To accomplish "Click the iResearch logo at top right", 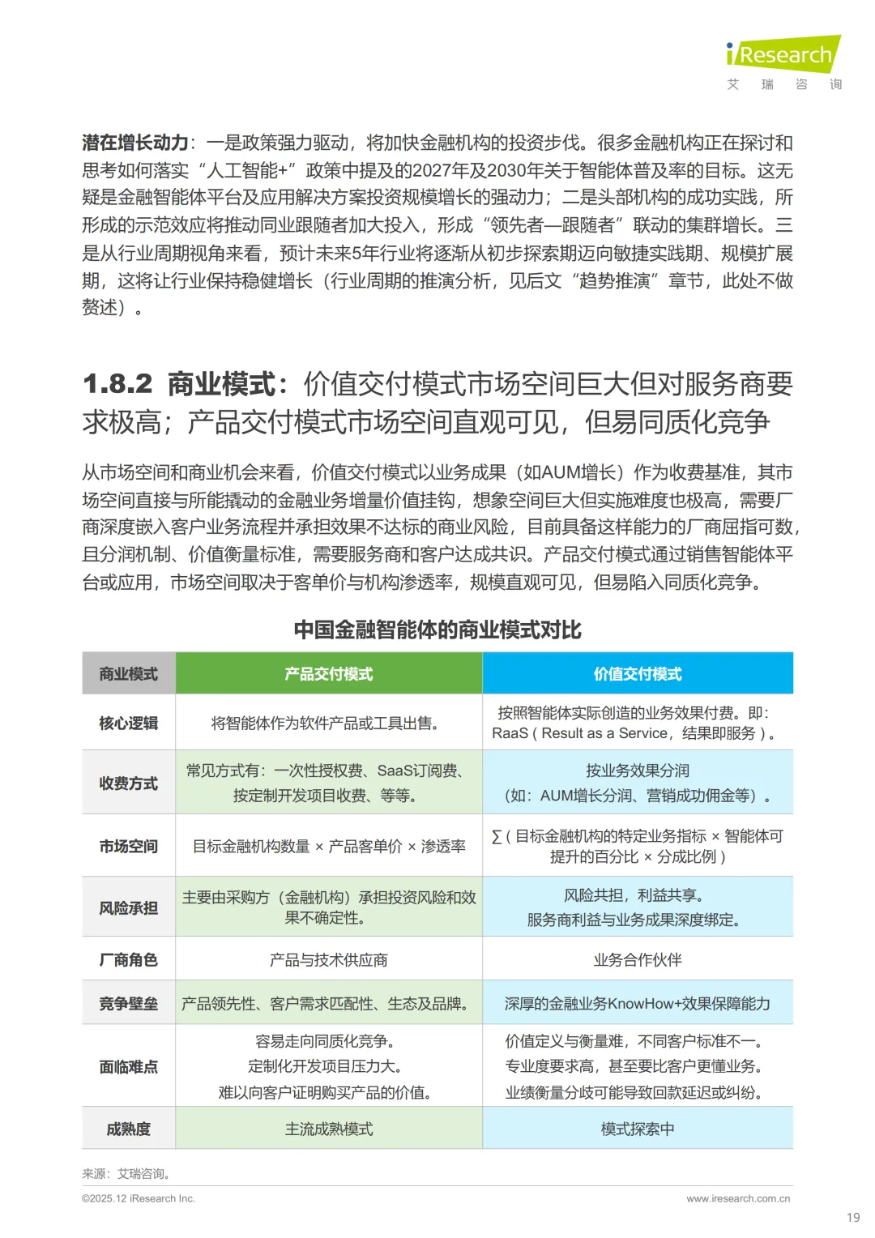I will (783, 55).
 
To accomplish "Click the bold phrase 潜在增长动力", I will (135, 143).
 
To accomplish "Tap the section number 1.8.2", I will (117, 384).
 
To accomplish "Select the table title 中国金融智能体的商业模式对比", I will (437, 630).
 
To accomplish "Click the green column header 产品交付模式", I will (329, 674).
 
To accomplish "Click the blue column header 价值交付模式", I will (638, 674).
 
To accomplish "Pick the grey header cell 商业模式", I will (129, 674).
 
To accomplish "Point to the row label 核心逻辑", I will (129, 723).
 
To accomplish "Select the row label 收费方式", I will (129, 783).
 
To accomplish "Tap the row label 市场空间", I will (129, 846).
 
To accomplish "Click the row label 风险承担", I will (129, 907).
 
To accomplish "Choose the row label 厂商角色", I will (129, 960).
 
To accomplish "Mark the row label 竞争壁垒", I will (129, 1004).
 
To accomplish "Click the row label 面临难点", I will (129, 1067).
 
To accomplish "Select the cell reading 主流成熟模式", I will (329, 1129).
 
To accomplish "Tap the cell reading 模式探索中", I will (638, 1129).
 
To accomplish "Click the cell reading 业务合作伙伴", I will (638, 960).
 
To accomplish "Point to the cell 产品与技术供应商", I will (329, 960).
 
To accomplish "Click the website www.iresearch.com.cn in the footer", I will (738, 1198).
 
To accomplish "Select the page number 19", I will (853, 1217).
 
